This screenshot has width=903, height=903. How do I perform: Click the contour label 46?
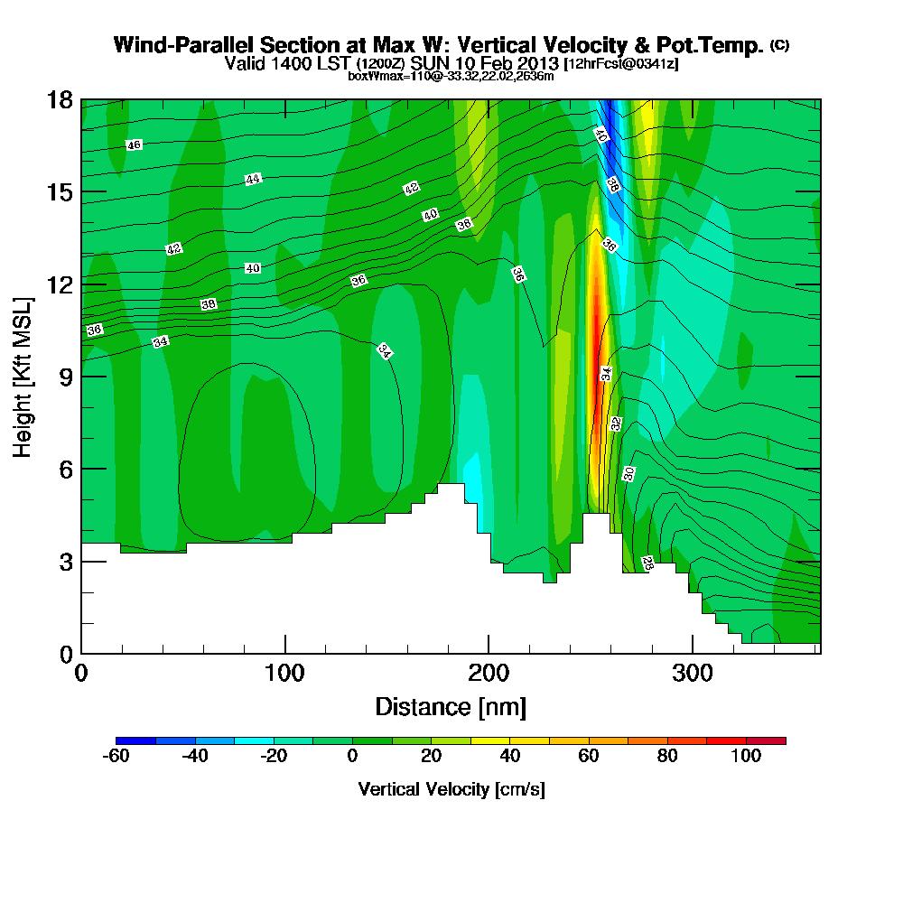134,145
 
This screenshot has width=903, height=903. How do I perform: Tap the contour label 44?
253,179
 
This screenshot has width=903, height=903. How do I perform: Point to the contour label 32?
615,424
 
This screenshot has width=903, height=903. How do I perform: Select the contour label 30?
628,473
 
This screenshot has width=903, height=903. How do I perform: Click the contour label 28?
647,563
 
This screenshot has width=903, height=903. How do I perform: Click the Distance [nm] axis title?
451,706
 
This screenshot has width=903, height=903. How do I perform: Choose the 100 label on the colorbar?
746,757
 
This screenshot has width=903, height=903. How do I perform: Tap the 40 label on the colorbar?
509,757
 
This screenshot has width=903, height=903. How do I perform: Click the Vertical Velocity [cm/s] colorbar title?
451,789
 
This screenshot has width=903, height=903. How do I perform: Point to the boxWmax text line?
451,76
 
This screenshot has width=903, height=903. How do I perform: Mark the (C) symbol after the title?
779,45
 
